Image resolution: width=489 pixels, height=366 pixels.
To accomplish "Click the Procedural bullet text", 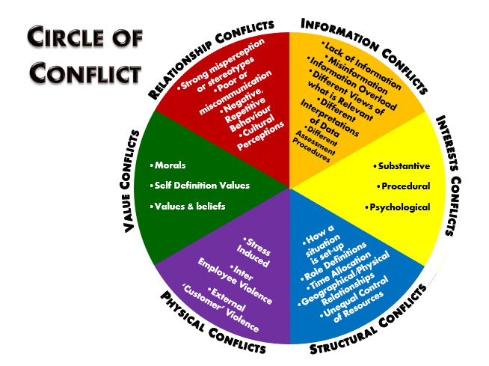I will [403, 185].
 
